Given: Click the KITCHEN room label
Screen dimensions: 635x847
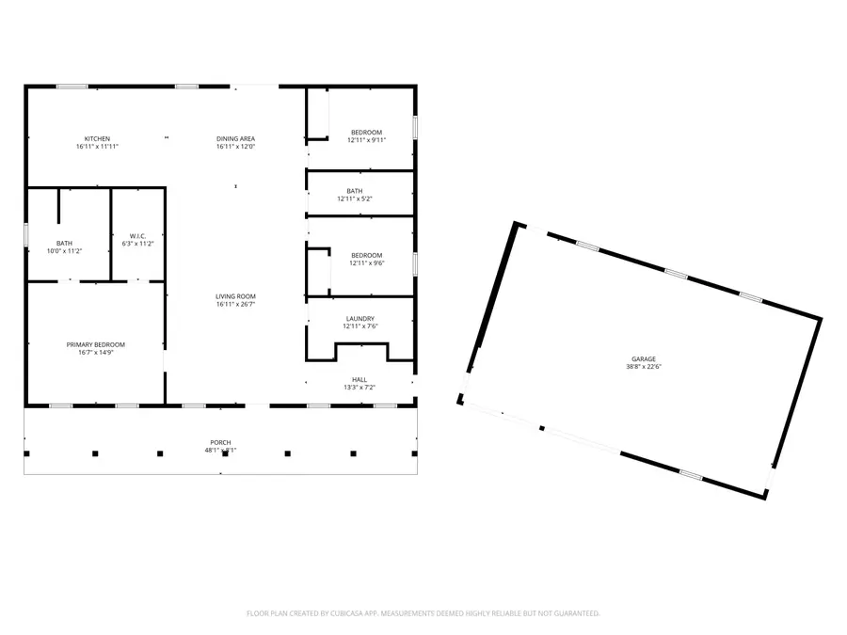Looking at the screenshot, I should point(97,139).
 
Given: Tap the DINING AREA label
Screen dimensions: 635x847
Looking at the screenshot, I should point(235,139).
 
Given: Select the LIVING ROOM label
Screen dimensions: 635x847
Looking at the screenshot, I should point(235,296).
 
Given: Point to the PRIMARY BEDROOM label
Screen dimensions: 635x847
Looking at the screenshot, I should point(95,344).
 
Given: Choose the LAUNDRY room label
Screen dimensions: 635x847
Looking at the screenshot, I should point(360,319).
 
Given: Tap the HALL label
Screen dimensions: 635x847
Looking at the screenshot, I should point(360,379).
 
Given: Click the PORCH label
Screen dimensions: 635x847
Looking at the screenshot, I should point(220,442).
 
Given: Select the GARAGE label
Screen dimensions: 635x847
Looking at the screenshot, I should point(644,359).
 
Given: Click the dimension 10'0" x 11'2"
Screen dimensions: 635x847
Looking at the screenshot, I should point(64,251).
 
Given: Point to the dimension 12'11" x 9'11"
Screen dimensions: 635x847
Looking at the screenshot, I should point(367,139).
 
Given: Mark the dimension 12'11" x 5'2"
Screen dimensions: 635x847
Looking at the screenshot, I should point(355,198).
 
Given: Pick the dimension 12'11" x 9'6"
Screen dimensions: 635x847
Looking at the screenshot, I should point(366,262).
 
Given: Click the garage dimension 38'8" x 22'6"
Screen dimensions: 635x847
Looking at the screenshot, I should point(644,367).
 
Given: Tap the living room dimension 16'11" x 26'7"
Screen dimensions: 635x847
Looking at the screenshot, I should point(235,304).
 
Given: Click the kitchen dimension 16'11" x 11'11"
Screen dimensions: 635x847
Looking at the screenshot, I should point(97,147).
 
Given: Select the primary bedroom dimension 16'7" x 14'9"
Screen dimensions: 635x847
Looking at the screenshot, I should point(95,352).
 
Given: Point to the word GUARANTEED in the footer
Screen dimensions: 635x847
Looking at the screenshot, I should point(576,613).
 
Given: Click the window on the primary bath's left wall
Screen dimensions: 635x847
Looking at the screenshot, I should point(26,233).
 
